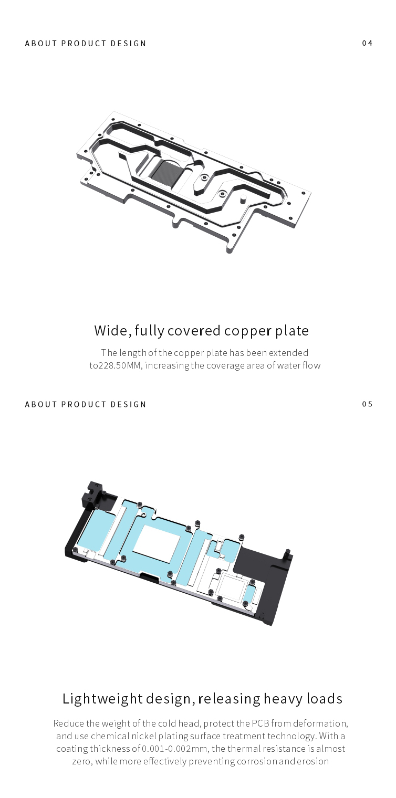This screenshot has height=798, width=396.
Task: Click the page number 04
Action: click(367, 43)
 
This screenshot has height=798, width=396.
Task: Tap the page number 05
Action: click(367, 404)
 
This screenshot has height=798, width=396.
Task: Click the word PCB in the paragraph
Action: click(260, 723)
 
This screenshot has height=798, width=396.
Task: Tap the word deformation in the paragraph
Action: click(320, 723)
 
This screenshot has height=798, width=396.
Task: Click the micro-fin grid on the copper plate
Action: click(167, 171)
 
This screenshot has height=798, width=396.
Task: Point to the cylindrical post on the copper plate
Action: click(243, 198)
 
